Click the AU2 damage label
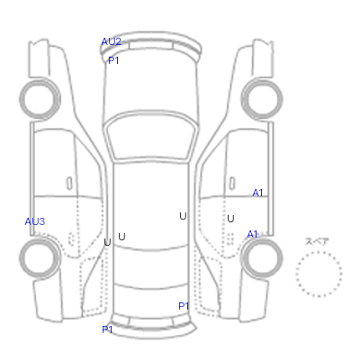point(112,41)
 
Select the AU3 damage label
point(35,221)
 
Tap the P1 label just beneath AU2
point(113,60)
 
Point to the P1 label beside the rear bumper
point(107,329)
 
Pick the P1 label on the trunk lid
point(184,306)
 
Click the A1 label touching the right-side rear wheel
point(252,234)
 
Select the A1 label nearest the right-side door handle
point(257,193)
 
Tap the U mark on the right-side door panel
point(230,219)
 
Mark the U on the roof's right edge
point(183,216)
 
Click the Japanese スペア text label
point(317,242)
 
